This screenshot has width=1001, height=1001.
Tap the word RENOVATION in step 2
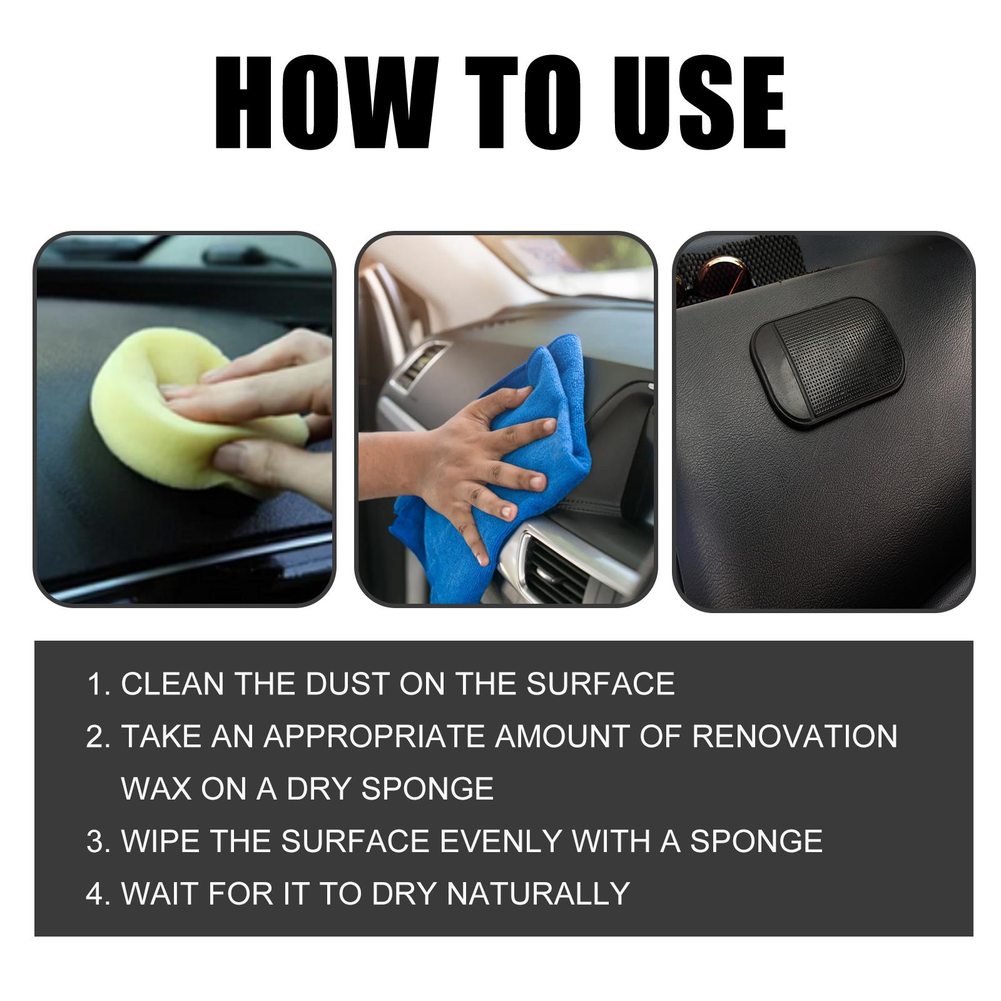[795, 736]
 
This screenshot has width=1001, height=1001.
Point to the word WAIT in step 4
[160, 893]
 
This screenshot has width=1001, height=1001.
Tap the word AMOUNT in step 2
[566, 736]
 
